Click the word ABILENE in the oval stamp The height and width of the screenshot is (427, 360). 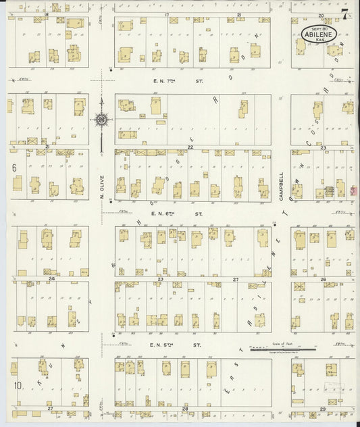[x=314, y=32]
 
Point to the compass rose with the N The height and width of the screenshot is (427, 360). [x=101, y=120]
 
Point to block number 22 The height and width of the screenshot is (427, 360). [x=190, y=147]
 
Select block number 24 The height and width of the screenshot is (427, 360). [x=51, y=278]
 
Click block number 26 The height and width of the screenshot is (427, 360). [x=324, y=279]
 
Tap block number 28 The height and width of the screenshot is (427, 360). [x=185, y=409]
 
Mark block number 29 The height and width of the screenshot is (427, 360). [x=323, y=409]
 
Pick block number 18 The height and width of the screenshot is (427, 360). [x=47, y=14]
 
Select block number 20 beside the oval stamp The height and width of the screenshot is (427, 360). [x=322, y=14]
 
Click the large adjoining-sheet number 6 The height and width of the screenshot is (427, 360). [x=14, y=166]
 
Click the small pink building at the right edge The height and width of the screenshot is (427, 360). [x=352, y=192]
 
